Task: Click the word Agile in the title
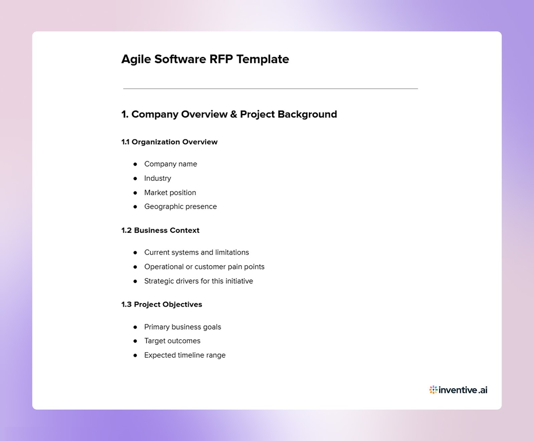click(x=136, y=59)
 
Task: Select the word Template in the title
click(x=263, y=59)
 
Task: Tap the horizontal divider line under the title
click(x=270, y=89)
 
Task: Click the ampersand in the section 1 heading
click(x=234, y=114)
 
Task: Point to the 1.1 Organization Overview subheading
click(x=169, y=142)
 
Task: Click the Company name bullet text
click(x=171, y=164)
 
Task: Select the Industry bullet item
click(x=158, y=178)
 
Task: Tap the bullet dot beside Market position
click(x=135, y=193)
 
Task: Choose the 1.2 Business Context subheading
click(x=160, y=231)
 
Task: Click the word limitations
click(x=232, y=253)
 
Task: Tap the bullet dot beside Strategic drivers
click(x=135, y=281)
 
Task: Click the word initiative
click(x=239, y=281)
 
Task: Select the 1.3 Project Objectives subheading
click(x=162, y=305)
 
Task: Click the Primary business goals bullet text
click(x=183, y=327)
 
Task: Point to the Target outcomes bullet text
click(x=172, y=341)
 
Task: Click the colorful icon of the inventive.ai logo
click(x=433, y=390)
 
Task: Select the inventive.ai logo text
click(x=463, y=390)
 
